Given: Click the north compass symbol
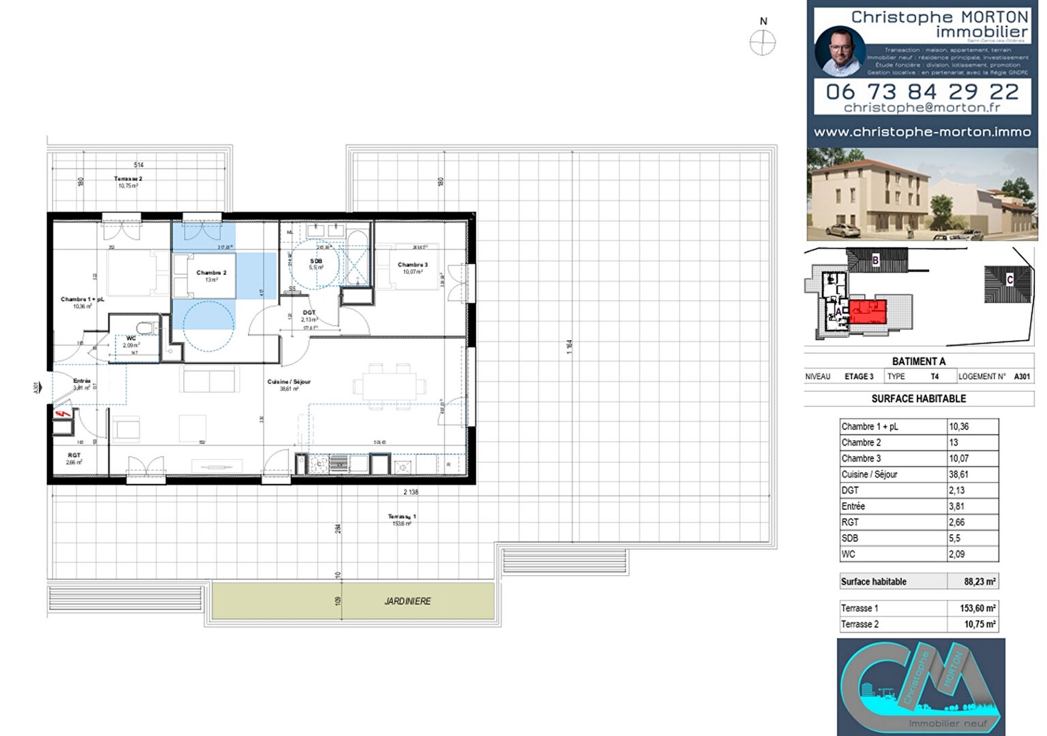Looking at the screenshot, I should pos(762,43).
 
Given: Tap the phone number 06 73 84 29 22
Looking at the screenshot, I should pos(922,91).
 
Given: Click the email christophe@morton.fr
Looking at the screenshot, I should pos(922,108).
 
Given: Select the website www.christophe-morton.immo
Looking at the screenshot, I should pos(922,132).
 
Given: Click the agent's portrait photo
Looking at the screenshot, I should pos(840,51).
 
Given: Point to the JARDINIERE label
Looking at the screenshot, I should pos(407,601).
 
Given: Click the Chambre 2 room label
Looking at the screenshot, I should pos(211,273).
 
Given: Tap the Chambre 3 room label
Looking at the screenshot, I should pos(412,264).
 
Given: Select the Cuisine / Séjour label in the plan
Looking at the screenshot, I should pos(289,382).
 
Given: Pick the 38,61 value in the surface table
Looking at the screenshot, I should pos(959,474).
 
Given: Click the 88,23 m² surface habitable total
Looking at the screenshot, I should pos(980,581).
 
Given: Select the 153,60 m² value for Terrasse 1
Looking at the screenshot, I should pos(977,608).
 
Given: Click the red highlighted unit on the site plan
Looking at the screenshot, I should pos(867,312).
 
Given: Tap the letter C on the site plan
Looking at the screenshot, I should pos(1010,280).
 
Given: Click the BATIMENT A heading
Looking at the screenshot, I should pos(918,361).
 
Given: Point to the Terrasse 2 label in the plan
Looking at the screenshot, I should pos(128,179).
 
